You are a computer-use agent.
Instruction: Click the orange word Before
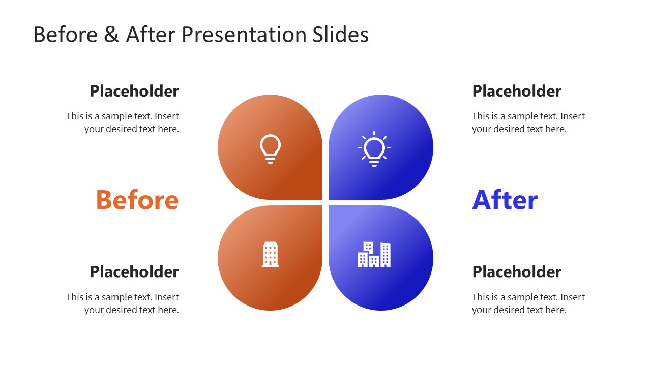[x=137, y=200]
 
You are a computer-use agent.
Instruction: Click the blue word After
[x=505, y=200]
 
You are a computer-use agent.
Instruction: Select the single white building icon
[x=270, y=254]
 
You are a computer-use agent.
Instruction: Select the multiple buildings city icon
[x=374, y=254]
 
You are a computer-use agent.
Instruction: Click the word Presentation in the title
[x=242, y=35]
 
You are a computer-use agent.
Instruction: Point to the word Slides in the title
[x=338, y=35]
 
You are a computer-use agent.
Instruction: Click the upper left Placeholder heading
[x=134, y=91]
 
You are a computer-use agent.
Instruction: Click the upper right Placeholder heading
[x=517, y=91]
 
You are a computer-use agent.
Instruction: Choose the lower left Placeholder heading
[x=134, y=271]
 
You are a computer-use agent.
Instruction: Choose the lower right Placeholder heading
[x=517, y=271]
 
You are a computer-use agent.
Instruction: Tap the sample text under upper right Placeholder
[x=528, y=123]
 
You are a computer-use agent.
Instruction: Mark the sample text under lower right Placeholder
[x=528, y=303]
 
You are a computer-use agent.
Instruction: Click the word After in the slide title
[x=149, y=35]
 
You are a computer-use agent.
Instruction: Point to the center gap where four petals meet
[x=325, y=202]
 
